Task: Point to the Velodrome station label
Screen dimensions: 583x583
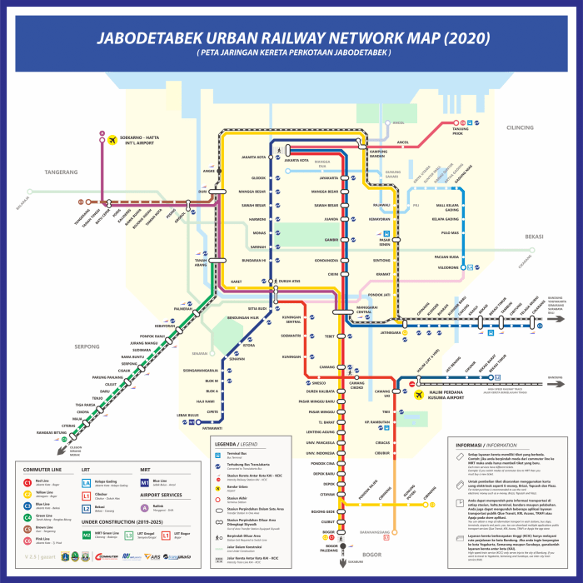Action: click(x=447, y=267)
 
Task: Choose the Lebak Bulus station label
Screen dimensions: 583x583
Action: click(x=187, y=415)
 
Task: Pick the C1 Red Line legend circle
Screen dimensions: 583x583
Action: click(x=27, y=482)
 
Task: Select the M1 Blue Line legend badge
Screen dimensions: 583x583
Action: click(x=144, y=481)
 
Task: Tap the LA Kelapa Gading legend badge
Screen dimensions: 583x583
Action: click(x=86, y=482)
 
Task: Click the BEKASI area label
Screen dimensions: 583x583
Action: click(x=533, y=237)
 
